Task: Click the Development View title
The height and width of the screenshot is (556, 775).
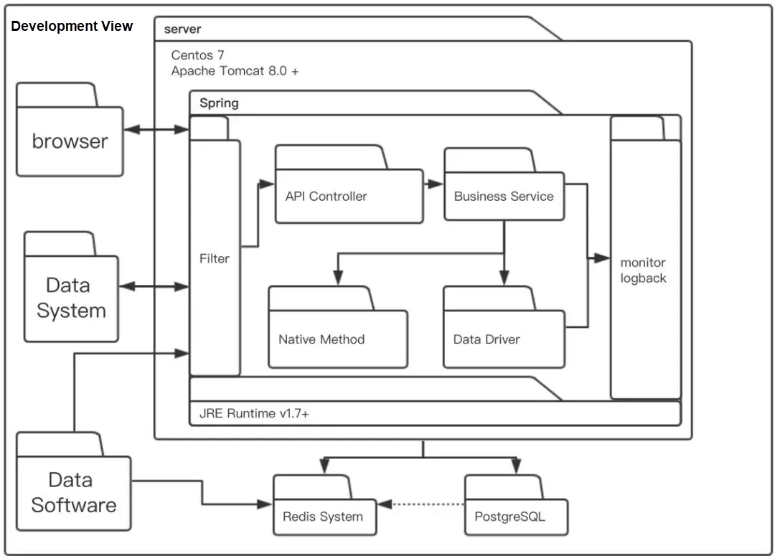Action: [72, 27]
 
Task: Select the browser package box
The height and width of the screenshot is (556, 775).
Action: [70, 141]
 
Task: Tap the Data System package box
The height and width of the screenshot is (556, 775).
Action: [71, 298]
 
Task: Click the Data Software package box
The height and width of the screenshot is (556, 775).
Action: [73, 492]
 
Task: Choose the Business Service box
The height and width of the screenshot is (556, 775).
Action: [504, 196]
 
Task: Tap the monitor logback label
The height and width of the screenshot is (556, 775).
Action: [643, 270]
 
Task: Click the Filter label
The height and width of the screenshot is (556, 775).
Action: [214, 258]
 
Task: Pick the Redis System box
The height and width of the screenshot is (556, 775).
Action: [323, 516]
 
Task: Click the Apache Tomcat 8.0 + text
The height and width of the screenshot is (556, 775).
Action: [235, 71]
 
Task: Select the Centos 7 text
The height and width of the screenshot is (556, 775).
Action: [198, 55]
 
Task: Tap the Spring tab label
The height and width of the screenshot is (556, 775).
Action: [219, 103]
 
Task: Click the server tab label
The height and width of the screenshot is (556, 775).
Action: [182, 29]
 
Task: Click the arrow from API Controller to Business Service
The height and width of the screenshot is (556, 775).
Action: [433, 184]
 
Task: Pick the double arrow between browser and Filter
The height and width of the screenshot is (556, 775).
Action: [156, 130]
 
